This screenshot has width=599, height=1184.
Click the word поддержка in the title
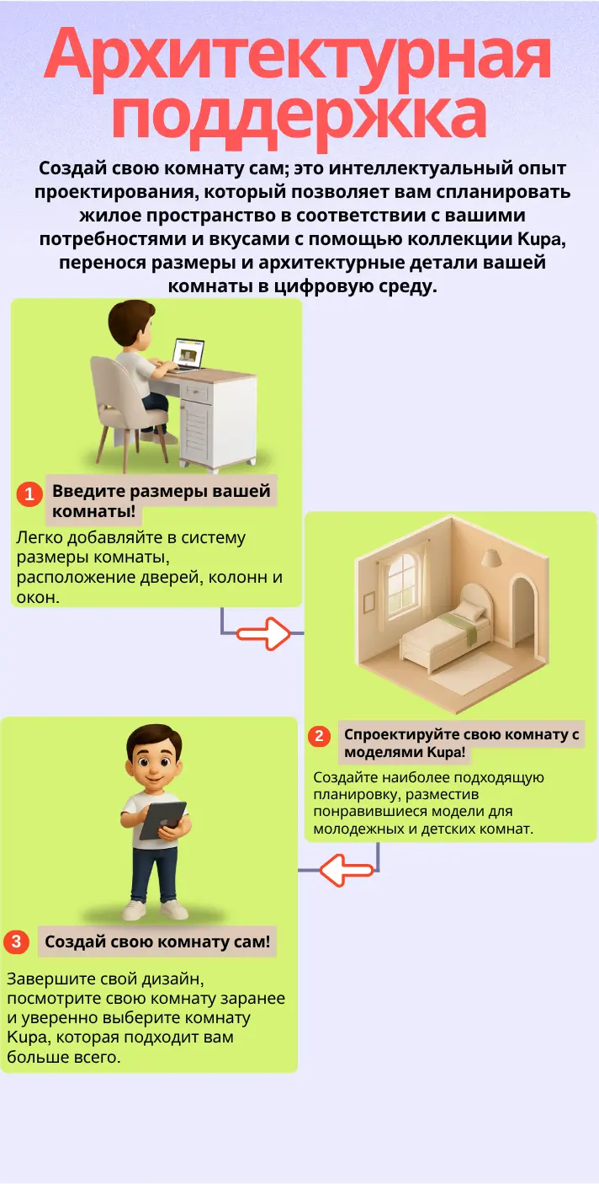coord(299,120)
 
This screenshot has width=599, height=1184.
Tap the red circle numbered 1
coord(29,493)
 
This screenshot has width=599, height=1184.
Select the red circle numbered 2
coord(319,735)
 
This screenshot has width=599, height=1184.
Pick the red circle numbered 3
coord(16,941)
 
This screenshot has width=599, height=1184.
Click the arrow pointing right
coord(263,633)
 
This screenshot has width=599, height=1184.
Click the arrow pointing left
coord(347,870)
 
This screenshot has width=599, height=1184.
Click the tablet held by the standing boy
coord(163,820)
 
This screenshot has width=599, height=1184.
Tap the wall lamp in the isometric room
coord(491,557)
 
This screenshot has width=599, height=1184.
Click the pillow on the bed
coord(472,612)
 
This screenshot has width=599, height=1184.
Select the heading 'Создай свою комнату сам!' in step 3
coord(156,941)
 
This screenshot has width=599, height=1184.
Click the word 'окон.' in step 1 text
coord(38,597)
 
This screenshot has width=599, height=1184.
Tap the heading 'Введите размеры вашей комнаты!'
coord(161,500)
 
